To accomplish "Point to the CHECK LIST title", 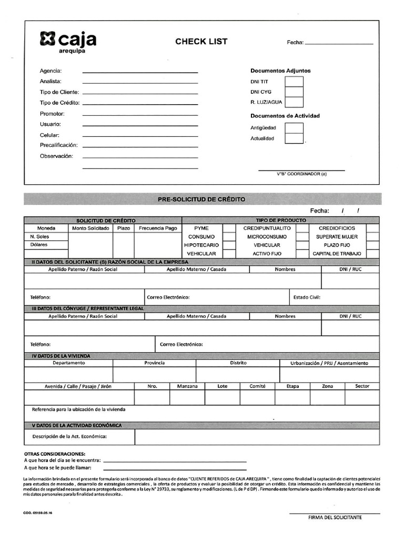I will coord(201,42).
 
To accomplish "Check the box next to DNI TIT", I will coord(294,82).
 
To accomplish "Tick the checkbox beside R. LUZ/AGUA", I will coord(294,102).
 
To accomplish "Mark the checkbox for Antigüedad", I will coord(294,128).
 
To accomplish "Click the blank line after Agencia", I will coord(140,71).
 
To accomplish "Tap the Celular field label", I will coord(49,135).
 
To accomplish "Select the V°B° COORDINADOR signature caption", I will coord(301,174).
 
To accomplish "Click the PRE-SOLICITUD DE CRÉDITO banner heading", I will coord(201,199).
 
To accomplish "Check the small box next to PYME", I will coord(229,228).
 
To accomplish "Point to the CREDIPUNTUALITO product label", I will coord(267,228).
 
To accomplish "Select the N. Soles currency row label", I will coord(39,237).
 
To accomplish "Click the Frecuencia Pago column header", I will coord(158,228).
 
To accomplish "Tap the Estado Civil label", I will coord(307,297).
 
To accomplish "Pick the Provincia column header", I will coord(155,363).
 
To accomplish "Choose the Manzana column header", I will coord(187,386).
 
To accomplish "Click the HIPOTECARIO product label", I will coord(201,245).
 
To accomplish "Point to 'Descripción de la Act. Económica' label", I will coord(69,436).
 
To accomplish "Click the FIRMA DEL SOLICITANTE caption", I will coord(335,517).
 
